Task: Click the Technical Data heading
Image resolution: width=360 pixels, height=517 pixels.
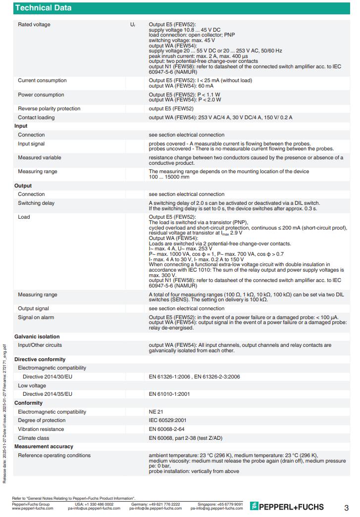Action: pyautogui.click(x=43, y=8)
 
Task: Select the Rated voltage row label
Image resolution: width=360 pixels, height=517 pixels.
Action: pyautogui.click(x=34, y=25)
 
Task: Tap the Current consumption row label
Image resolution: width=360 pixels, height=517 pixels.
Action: pyautogui.click(x=42, y=81)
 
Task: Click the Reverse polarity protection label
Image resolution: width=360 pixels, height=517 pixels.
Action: pyautogui.click(x=49, y=109)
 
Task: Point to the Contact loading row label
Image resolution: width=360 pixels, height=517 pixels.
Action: pyautogui.click(x=36, y=118)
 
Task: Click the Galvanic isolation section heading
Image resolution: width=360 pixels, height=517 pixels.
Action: pyautogui.click(x=37, y=336)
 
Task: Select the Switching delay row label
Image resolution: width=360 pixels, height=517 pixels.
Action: pyautogui.click(x=36, y=203)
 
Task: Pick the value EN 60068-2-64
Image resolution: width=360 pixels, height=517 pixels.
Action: pyautogui.click(x=167, y=429)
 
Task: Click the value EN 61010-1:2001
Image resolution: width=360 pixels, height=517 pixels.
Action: pyautogui.click(x=169, y=394)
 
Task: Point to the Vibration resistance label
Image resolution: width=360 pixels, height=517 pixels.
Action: pyautogui.click(x=41, y=429)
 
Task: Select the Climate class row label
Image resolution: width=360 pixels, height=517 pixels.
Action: pyautogui.click(x=34, y=438)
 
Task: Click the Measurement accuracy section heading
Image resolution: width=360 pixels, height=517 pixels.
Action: pyautogui.click(x=44, y=447)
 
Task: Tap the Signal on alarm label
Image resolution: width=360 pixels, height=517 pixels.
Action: pyautogui.click(x=36, y=318)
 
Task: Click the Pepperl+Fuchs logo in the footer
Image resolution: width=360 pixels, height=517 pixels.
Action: pyautogui.click(x=287, y=507)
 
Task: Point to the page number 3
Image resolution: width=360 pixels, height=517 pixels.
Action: pyautogui.click(x=346, y=508)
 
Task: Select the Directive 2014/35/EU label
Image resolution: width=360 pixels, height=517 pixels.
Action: pyautogui.click(x=48, y=394)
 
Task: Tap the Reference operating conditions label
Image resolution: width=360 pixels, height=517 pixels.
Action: pyautogui.click(x=54, y=456)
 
